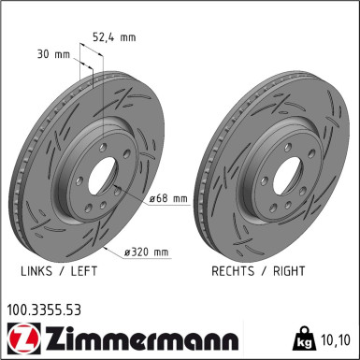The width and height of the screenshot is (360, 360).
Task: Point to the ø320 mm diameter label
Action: point(147,252)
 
